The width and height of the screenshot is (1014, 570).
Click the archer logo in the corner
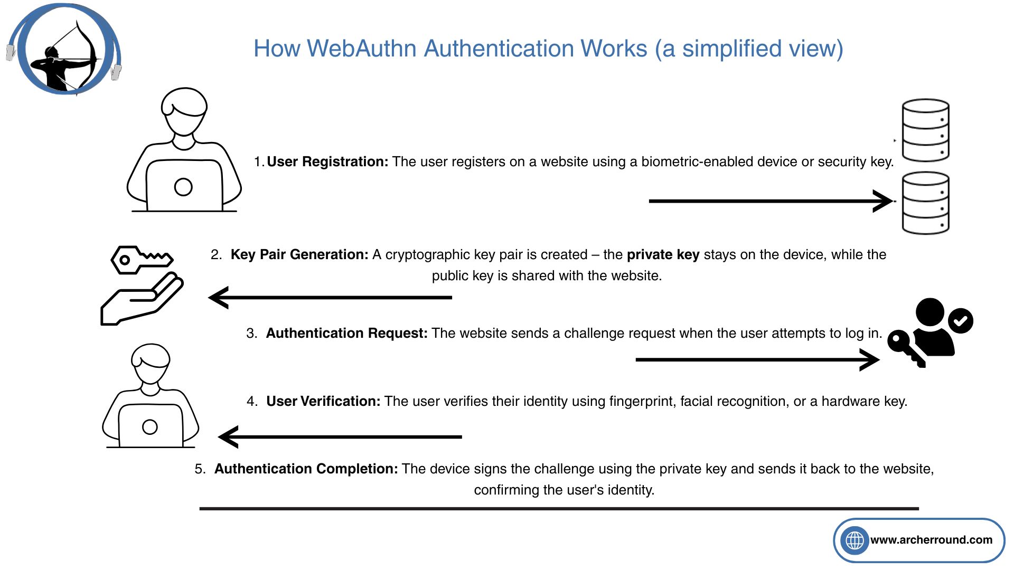coord(65,50)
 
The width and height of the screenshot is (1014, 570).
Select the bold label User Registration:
coord(327,161)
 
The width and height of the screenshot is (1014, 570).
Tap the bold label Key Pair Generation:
coord(299,254)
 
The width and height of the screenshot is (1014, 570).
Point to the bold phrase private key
coord(663,254)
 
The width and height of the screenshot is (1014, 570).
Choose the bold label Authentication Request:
coord(346,333)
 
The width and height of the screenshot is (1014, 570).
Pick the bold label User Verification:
coord(323,401)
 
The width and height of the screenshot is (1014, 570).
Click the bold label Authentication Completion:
coord(306,469)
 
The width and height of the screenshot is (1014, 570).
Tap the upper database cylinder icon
coord(925,130)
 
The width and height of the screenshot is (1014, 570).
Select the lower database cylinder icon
coord(925,203)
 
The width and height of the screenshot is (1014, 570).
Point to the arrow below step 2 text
coord(331,298)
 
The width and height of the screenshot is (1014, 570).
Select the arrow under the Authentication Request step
coord(757,360)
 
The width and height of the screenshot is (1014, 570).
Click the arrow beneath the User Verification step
coord(340,437)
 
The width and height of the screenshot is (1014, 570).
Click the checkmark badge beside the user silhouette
coord(961,321)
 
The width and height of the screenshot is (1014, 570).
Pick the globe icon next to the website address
coord(855,540)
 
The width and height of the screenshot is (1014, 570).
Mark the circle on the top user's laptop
coord(183,187)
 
